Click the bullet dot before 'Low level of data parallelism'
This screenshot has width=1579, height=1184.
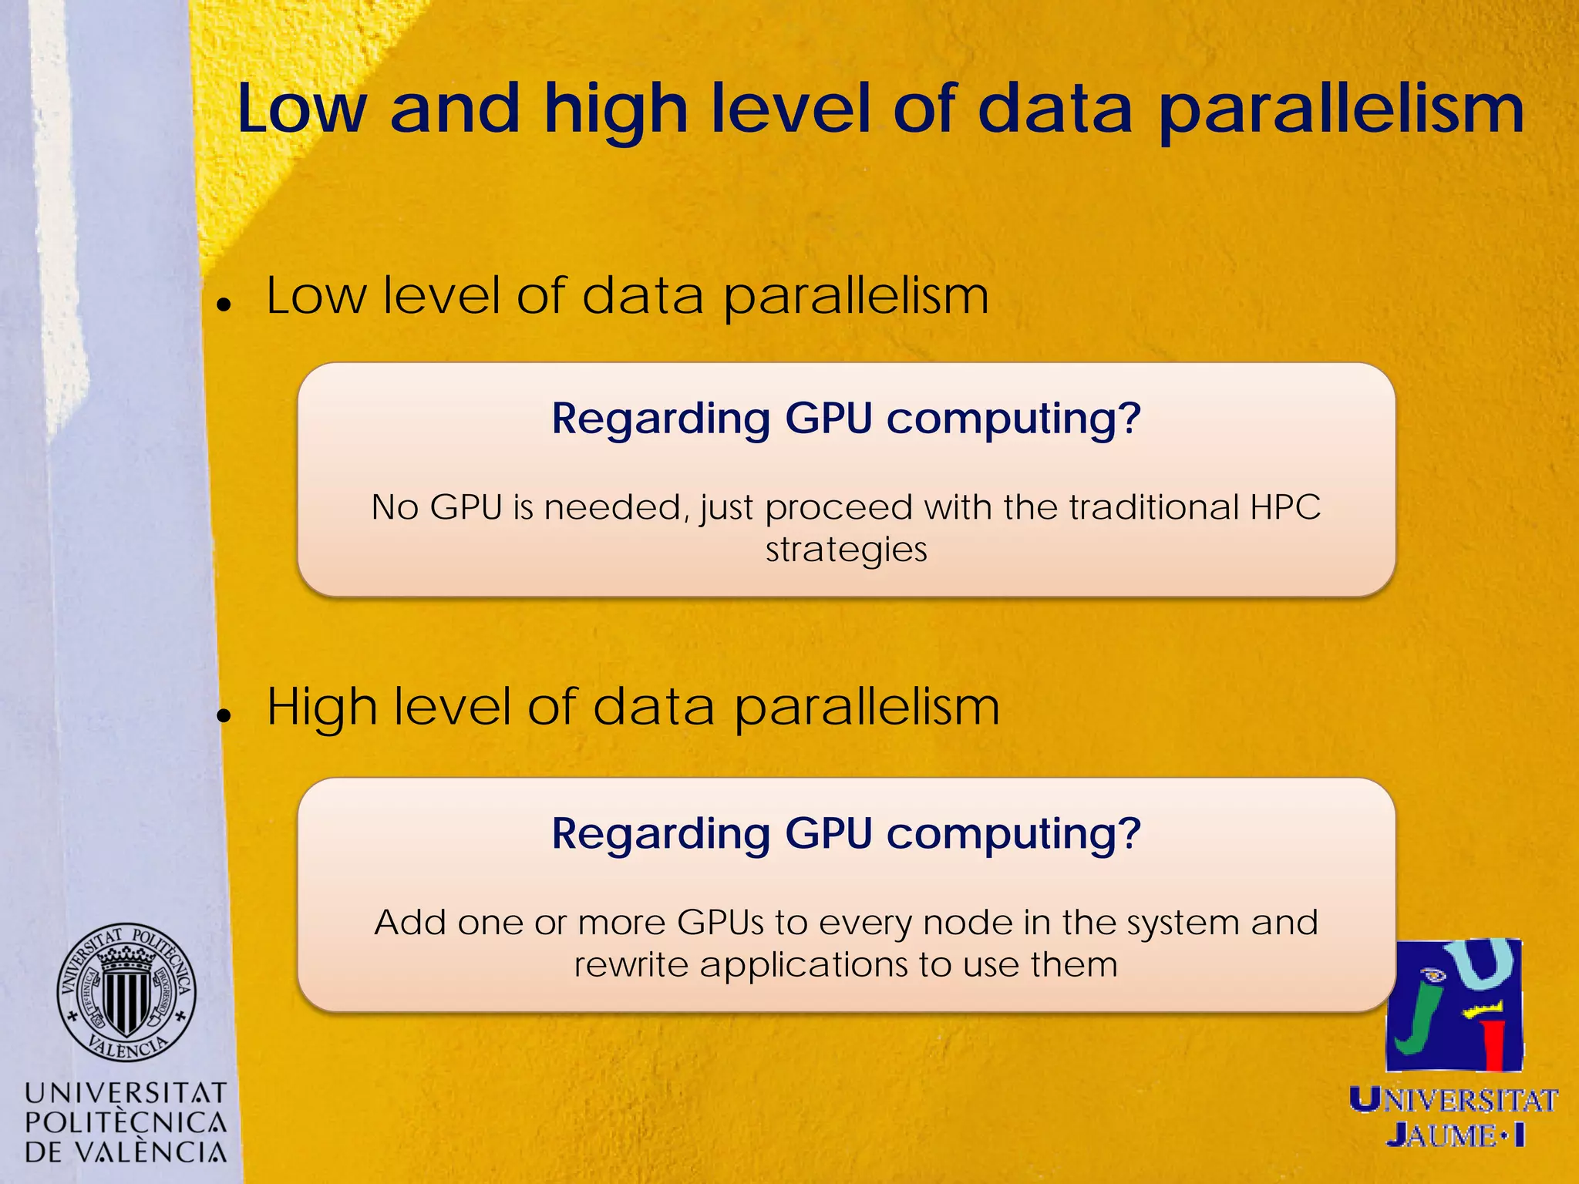point(224,305)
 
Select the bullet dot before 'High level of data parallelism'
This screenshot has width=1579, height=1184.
point(224,716)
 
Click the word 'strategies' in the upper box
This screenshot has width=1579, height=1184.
point(847,550)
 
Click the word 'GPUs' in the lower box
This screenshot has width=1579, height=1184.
point(721,923)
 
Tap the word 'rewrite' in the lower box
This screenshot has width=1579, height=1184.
point(631,964)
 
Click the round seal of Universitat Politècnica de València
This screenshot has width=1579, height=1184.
point(126,992)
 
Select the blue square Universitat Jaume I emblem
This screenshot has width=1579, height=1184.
point(1454,1004)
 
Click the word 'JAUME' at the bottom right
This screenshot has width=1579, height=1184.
point(1442,1135)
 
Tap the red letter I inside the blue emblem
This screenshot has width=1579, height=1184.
point(1494,1044)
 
